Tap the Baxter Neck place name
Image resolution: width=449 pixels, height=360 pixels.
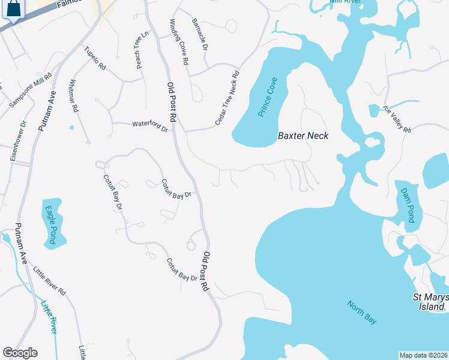pyautogui.click(x=303, y=136)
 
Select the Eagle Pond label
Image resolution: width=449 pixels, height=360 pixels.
pyautogui.click(x=51, y=225)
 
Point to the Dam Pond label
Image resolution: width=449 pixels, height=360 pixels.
pyautogui.click(x=408, y=205)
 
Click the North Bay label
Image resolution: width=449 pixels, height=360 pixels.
pyautogui.click(x=361, y=312)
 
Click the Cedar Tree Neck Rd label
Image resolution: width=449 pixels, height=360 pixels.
pyautogui.click(x=227, y=99)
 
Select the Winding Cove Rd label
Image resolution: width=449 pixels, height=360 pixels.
pyautogui.click(x=179, y=42)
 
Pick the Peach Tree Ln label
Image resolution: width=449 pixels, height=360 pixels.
pyautogui.click(x=141, y=50)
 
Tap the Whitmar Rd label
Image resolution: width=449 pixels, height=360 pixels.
pyautogui.click(x=74, y=96)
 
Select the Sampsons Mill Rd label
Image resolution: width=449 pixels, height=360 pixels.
pyautogui.click(x=31, y=91)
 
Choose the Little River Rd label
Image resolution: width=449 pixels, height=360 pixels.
pyautogui.click(x=50, y=281)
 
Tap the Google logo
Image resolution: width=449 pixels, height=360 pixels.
pyautogui.click(x=20, y=353)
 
